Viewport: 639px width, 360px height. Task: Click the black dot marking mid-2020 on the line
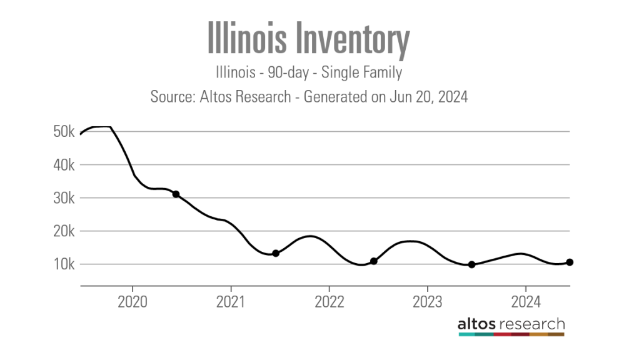[x=176, y=194]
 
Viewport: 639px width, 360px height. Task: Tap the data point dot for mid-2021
[x=276, y=253]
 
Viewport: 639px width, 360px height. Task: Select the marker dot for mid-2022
[x=374, y=261]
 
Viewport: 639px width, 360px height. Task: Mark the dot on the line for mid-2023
[x=472, y=264]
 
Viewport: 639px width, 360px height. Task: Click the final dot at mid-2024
[x=570, y=262]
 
